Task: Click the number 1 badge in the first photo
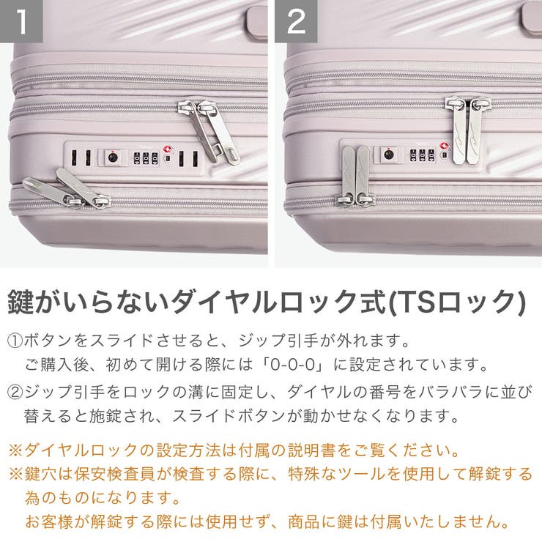coord(22,22)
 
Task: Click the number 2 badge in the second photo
coord(296,22)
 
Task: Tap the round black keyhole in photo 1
coord(112,157)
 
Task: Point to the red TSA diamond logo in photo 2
coord(443,146)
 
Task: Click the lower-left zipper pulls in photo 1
coord(66,190)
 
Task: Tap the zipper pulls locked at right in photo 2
coord(467,128)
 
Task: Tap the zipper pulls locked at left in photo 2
coord(355,176)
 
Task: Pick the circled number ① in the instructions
coord(15,341)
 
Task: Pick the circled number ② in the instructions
coord(15,392)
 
